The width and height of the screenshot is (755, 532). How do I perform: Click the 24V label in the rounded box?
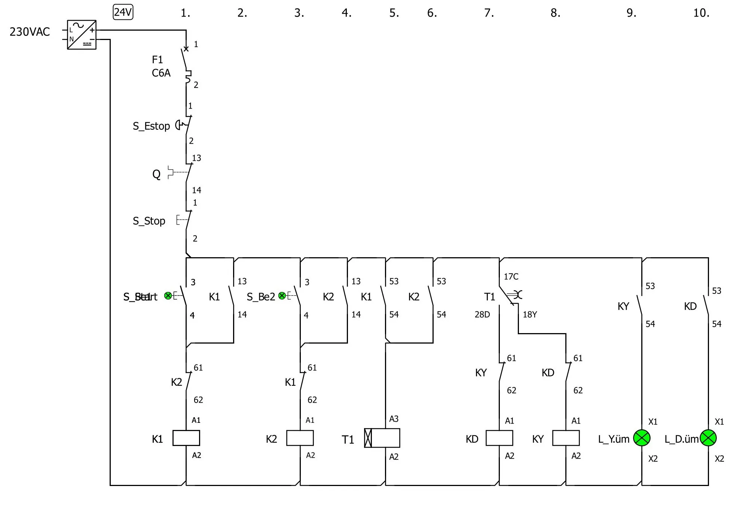pyautogui.click(x=123, y=12)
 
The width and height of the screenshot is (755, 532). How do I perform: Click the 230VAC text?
pyautogui.click(x=30, y=32)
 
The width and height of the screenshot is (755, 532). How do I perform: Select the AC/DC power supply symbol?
pyautogui.click(x=82, y=35)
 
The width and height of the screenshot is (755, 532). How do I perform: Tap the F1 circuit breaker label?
pyautogui.click(x=158, y=60)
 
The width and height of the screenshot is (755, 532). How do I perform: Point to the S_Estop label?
pyautogui.click(x=151, y=126)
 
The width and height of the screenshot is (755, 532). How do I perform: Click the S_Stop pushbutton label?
pyautogui.click(x=149, y=221)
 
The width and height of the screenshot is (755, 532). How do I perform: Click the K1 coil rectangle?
pyautogui.click(x=186, y=438)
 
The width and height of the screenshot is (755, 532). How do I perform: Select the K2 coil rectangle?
pyautogui.click(x=300, y=438)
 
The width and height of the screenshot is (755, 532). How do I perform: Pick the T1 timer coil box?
pyautogui.click(x=382, y=438)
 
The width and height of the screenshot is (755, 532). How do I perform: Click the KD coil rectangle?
pyautogui.click(x=499, y=438)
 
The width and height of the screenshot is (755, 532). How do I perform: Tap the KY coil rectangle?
pyautogui.click(x=566, y=438)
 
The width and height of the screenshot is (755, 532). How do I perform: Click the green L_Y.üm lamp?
pyautogui.click(x=642, y=438)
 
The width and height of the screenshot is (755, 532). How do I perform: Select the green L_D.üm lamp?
pyautogui.click(x=708, y=438)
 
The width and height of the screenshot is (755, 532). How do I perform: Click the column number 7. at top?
pyautogui.click(x=489, y=13)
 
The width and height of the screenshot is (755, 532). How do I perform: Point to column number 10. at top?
pyautogui.click(x=701, y=13)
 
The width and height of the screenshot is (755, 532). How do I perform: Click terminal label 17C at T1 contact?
pyautogui.click(x=511, y=277)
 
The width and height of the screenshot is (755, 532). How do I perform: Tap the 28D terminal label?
pyautogui.click(x=482, y=314)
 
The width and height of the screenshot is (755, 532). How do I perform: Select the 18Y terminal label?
pyautogui.click(x=529, y=314)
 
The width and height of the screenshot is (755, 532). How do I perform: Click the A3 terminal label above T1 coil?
pyautogui.click(x=394, y=419)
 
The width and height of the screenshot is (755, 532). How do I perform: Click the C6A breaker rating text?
pyautogui.click(x=161, y=73)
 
